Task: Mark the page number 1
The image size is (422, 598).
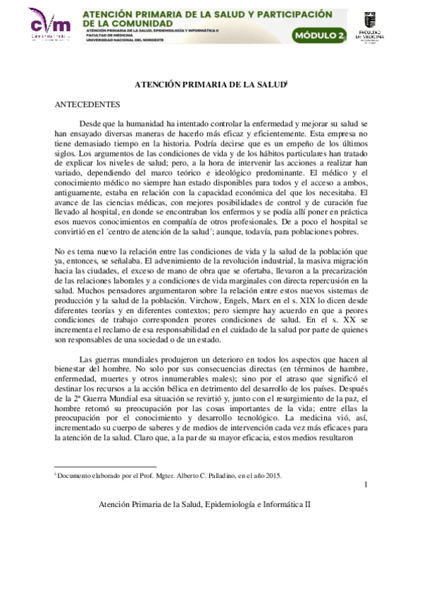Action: [366, 484]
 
